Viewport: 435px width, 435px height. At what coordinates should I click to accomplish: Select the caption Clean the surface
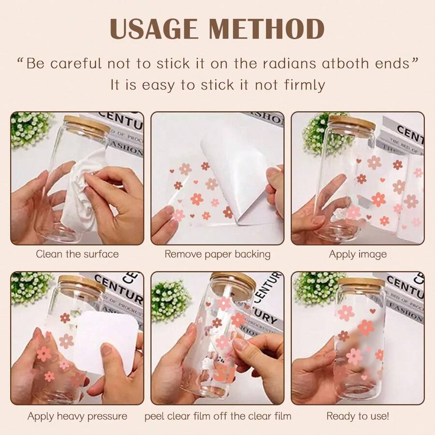[x=77, y=254]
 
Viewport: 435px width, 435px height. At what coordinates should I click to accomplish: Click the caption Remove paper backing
[x=217, y=254]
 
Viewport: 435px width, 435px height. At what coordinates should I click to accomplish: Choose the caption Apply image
[x=358, y=254]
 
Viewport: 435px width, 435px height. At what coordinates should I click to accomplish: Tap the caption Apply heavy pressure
[x=77, y=416]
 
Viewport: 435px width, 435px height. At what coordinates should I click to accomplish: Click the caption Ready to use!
[x=358, y=416]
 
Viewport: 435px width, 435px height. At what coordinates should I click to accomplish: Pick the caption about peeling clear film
[x=217, y=416]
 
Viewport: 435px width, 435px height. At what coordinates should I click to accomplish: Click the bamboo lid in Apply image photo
[x=351, y=122]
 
